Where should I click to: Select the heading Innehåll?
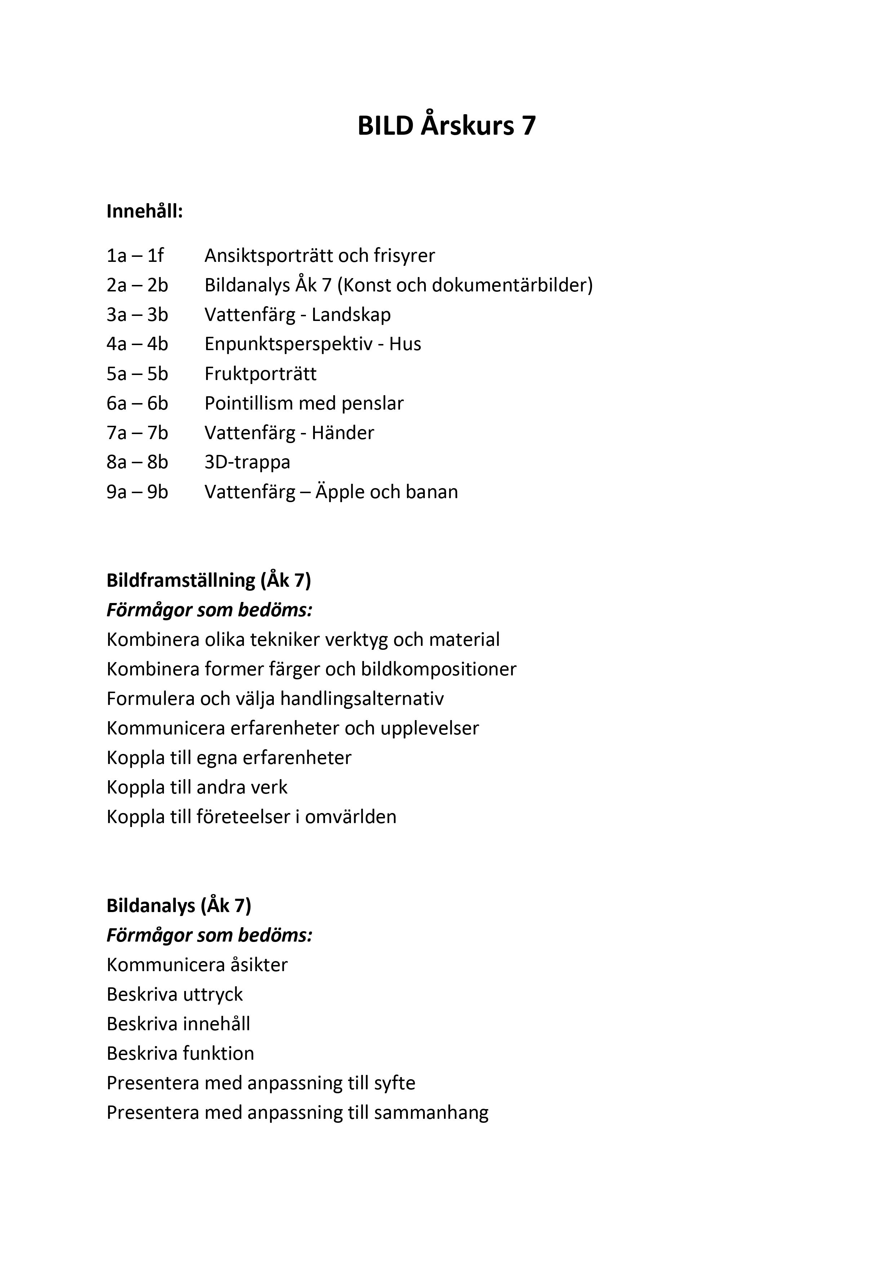144,211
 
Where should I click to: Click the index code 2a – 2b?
137,285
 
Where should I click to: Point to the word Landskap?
351,315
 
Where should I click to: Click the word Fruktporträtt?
261,374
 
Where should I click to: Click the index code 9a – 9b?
137,492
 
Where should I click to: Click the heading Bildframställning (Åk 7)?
209,580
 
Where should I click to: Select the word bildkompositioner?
439,669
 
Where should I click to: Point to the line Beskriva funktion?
180,1053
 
